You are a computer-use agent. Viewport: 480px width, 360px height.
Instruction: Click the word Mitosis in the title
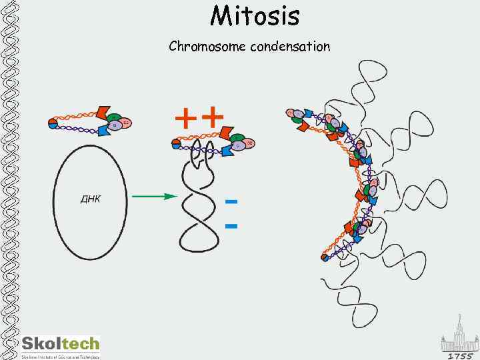click(x=255, y=16)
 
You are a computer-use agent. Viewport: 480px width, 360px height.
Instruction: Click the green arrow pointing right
click(x=153, y=197)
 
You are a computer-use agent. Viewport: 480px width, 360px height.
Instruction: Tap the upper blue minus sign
click(x=231, y=201)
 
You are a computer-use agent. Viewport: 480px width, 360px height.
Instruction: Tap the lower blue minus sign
click(x=231, y=226)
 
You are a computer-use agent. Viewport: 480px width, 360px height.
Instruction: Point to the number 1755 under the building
click(x=459, y=355)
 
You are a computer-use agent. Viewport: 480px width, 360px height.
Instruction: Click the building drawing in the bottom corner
click(x=459, y=333)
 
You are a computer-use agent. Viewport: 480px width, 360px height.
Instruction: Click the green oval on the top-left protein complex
click(x=113, y=118)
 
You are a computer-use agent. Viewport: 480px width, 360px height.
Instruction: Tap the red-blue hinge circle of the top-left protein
click(x=53, y=123)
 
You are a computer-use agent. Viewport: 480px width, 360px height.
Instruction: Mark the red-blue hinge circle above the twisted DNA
click(x=176, y=142)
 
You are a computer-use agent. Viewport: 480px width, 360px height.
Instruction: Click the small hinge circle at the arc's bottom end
click(x=325, y=255)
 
